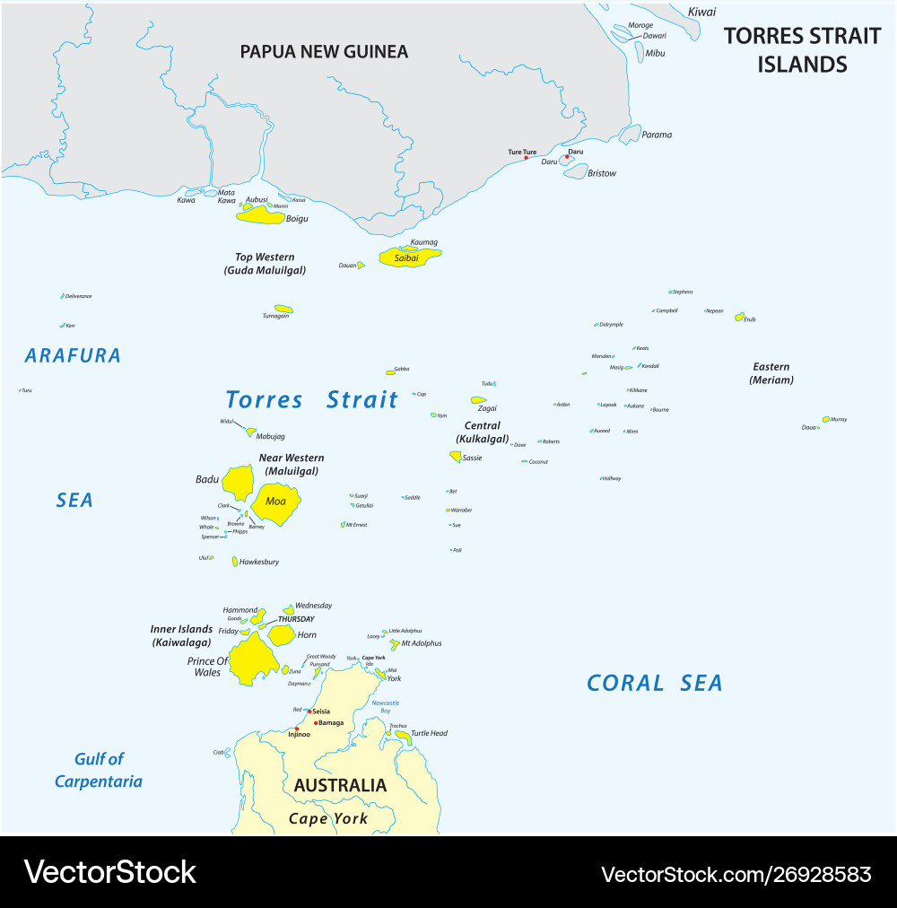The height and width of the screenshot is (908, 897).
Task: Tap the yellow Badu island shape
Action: point(238,482)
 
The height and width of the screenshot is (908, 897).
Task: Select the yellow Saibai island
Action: point(410,258)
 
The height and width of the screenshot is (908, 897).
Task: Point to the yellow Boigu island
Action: point(260,215)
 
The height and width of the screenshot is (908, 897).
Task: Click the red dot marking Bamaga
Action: point(316,722)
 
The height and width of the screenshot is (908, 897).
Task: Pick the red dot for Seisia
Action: point(309,712)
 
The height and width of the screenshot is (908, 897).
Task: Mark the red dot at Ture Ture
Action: point(527,158)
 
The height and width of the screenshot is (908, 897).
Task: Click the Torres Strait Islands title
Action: point(802,49)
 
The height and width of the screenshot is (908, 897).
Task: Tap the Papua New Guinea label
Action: point(324,52)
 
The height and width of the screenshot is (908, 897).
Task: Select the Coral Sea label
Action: point(654,683)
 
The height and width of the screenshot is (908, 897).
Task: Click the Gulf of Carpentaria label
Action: point(99,770)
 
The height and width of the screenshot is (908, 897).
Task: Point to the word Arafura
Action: point(73,355)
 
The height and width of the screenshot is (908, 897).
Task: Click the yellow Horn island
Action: point(281,634)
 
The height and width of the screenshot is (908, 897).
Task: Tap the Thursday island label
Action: point(296,619)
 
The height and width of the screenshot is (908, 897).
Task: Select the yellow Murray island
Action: point(825,419)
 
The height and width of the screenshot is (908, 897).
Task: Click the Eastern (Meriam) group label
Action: point(771,372)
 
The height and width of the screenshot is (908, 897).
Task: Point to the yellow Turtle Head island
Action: point(404,737)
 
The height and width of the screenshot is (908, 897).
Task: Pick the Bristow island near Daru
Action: point(575,170)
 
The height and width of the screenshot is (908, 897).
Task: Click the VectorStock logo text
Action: point(109,871)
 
